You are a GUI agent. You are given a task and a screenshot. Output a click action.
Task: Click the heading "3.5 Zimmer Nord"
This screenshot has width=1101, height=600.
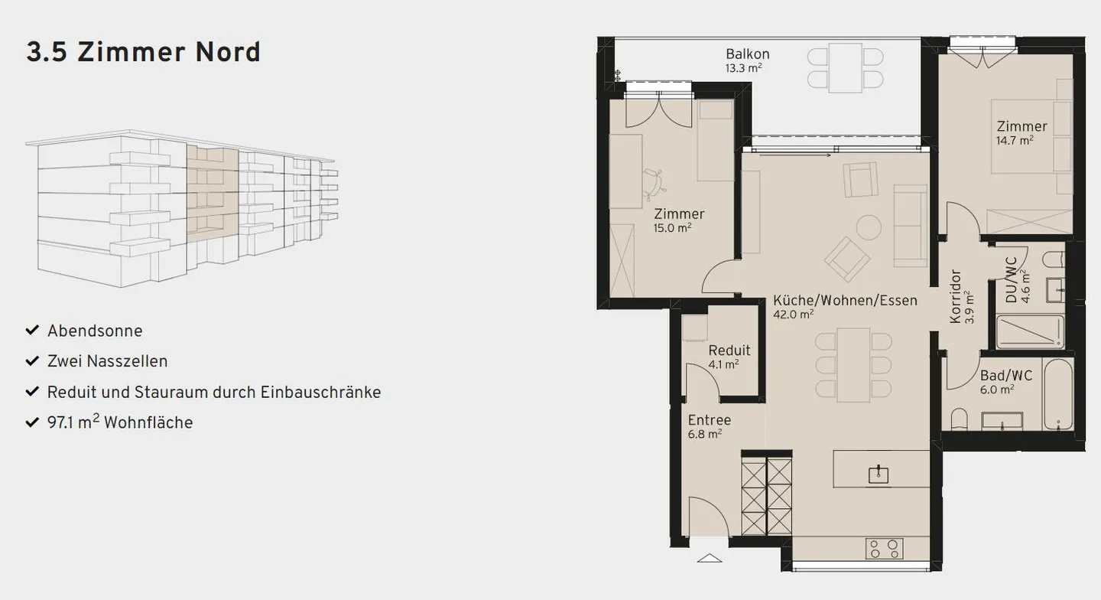(144, 52)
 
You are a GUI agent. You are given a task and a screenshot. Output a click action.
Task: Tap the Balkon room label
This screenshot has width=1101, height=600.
(747, 54)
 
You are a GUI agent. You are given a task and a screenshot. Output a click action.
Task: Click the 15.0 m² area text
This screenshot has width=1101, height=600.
(673, 227)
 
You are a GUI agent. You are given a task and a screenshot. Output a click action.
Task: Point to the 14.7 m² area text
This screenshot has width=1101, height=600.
(1015, 140)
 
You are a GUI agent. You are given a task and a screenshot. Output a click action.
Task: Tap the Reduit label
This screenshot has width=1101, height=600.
(729, 351)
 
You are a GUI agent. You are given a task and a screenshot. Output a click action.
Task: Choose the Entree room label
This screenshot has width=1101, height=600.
(709, 420)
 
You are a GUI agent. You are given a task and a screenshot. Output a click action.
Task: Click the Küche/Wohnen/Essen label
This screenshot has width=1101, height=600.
(844, 300)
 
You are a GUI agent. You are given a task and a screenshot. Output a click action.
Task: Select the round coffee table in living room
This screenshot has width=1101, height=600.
(869, 227)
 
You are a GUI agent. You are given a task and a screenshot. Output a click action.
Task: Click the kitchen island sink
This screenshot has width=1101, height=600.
(879, 474)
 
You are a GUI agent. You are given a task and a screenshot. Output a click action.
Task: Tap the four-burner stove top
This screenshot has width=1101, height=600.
(885, 548)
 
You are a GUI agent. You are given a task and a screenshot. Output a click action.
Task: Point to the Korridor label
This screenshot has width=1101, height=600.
(956, 296)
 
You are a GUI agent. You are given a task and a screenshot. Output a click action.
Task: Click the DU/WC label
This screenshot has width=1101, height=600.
(1012, 280)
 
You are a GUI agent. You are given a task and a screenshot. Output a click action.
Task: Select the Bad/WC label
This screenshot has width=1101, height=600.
(1006, 376)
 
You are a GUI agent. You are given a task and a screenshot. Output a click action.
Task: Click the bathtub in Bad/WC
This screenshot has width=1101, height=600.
(1058, 394)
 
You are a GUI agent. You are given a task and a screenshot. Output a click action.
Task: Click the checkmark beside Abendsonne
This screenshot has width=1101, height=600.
(32, 330)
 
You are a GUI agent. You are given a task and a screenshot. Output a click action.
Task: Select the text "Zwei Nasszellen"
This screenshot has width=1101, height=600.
(107, 361)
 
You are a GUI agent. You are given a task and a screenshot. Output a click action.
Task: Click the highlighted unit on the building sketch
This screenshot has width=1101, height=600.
(212, 195)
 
